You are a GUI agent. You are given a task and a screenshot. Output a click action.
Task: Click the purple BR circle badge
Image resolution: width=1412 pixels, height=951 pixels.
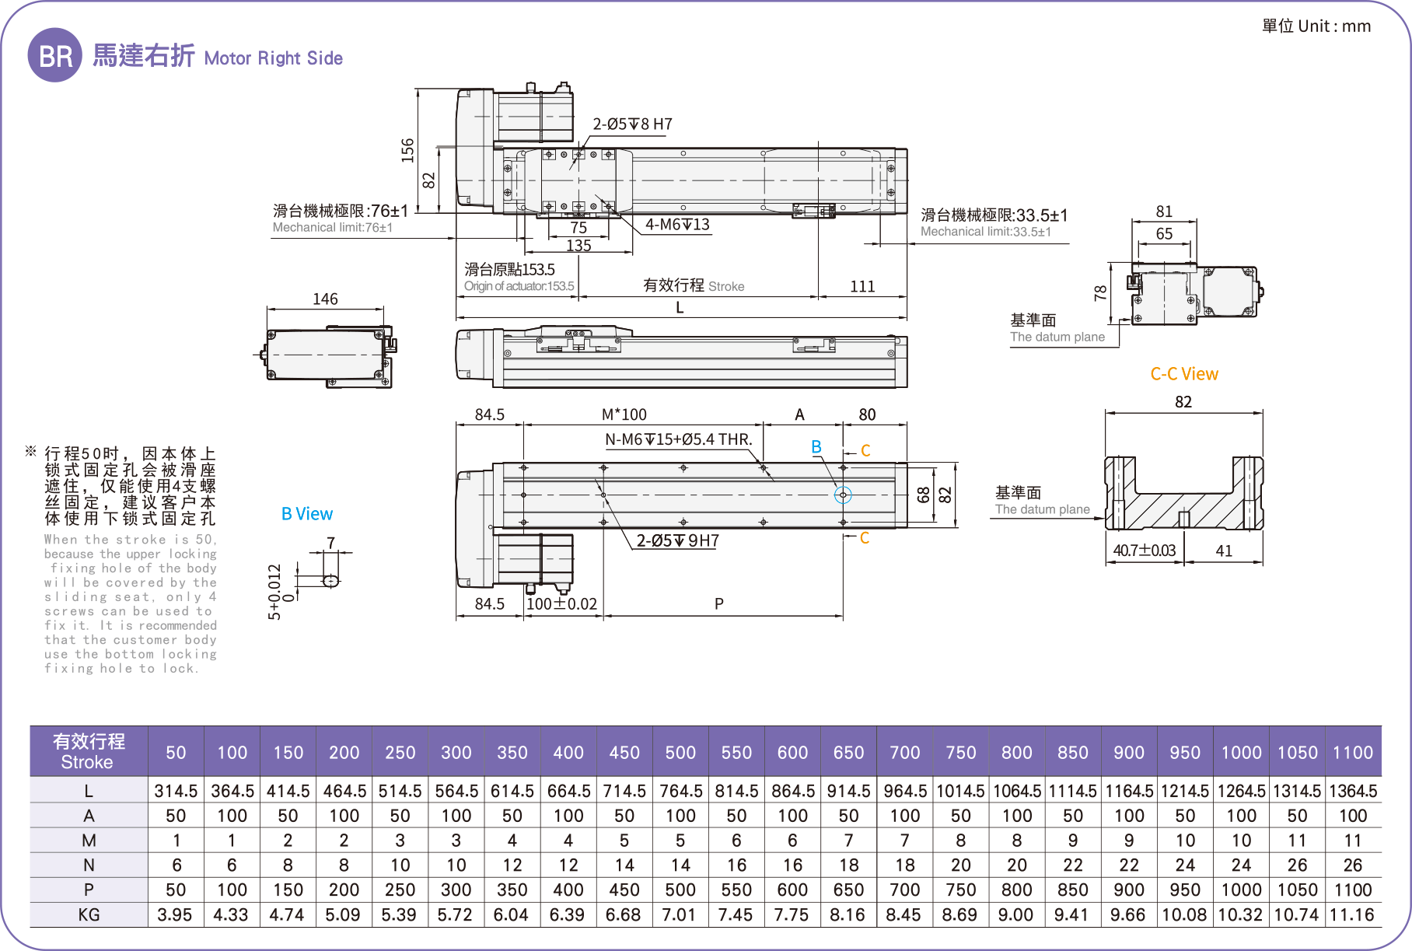point(54,55)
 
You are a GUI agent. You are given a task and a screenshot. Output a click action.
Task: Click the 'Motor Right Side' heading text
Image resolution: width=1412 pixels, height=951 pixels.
point(273,58)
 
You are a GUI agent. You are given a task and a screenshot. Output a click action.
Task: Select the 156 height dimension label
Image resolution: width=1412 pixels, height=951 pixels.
point(407,149)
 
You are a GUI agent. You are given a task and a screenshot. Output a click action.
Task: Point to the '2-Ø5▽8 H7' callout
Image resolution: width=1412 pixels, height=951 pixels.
point(632,124)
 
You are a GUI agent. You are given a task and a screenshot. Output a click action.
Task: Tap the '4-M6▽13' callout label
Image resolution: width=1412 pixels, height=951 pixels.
point(677,225)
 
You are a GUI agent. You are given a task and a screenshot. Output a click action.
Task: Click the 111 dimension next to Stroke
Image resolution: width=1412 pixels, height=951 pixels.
point(862,286)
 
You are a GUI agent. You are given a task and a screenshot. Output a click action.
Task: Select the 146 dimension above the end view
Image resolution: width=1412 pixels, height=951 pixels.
point(325,299)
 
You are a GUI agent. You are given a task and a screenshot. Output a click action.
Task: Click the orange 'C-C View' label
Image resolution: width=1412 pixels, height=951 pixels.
point(1183,374)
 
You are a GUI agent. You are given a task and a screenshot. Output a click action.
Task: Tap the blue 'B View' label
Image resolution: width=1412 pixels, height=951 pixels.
point(306,514)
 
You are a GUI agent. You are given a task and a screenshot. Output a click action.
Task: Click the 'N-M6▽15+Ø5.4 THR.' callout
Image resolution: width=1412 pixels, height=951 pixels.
point(678,439)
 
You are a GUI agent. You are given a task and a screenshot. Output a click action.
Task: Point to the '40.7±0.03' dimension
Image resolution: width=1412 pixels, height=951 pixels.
point(1144,551)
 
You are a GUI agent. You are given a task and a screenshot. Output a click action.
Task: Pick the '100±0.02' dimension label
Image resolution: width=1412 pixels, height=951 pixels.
point(561,603)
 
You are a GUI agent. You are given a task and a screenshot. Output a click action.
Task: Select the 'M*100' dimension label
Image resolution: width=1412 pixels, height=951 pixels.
point(624,414)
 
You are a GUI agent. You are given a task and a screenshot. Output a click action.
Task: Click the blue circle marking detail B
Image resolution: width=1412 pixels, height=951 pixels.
point(843,495)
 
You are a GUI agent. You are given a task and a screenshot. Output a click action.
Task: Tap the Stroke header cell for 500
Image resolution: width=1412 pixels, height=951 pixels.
point(680,752)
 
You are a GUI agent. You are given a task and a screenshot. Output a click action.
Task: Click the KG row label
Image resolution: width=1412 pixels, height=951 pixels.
point(89,914)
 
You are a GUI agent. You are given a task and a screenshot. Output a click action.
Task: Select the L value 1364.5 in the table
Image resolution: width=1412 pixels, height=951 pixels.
point(1353,791)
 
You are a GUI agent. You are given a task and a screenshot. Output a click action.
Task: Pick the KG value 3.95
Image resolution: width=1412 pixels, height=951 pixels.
point(175,914)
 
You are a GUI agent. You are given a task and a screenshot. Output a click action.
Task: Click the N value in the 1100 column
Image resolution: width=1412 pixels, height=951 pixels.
point(1353,865)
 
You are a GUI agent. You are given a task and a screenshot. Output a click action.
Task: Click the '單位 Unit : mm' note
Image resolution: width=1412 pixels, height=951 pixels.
point(1316,26)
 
